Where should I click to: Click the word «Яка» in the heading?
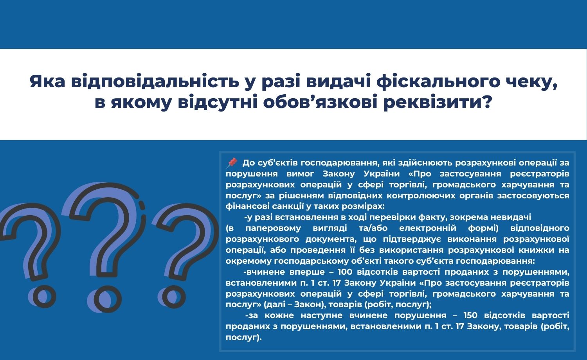point(47,81)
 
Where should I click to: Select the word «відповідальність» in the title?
point(155,81)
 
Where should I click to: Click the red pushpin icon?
point(232,163)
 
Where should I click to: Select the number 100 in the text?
point(345,272)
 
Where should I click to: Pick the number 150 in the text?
point(470,315)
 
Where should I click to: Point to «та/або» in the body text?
point(373,228)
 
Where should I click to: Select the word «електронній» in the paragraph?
point(428,228)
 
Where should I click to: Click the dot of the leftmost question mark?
point(41,297)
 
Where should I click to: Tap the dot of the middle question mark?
point(107,299)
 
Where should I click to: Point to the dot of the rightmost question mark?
point(173,297)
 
